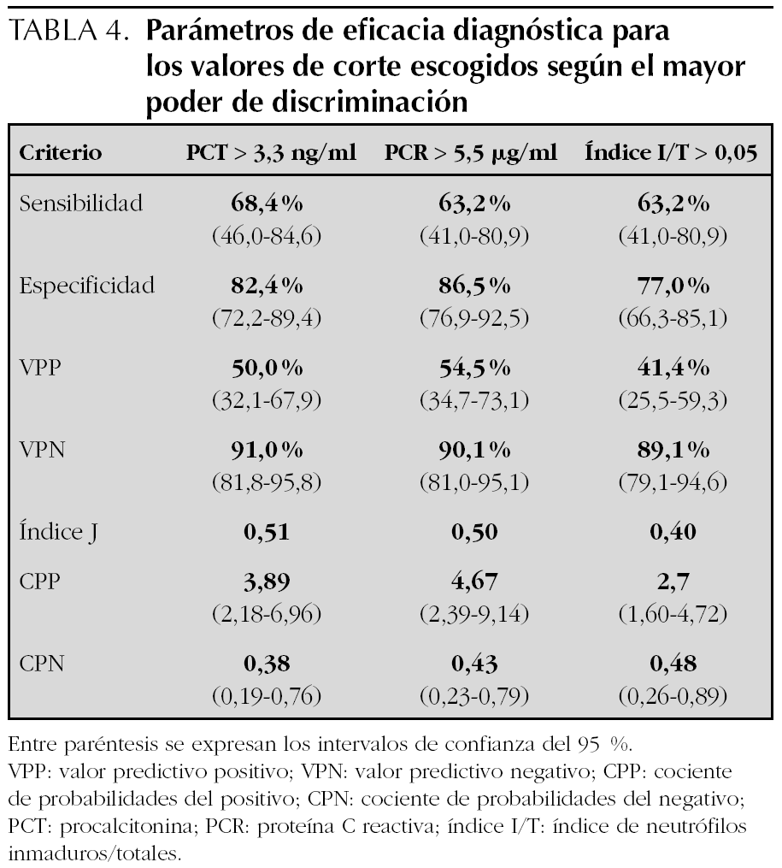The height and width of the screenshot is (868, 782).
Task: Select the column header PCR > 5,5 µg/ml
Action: pos(470,155)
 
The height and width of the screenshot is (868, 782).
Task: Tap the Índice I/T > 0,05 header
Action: pos(670,155)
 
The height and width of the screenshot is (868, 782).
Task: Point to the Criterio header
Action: pos(61,155)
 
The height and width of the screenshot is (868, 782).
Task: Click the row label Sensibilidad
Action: pos(81,204)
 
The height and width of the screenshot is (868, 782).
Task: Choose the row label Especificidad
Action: pos(87,286)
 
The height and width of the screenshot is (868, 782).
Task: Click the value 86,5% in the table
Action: pos(470,286)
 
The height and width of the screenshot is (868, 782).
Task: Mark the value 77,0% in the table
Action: pos(672,286)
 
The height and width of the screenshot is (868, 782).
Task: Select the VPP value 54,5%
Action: pos(470,368)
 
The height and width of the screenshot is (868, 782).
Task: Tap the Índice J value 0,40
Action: pos(672,532)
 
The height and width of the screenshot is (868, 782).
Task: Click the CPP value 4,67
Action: pos(470,582)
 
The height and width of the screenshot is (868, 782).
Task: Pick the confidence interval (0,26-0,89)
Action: pos(672,696)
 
